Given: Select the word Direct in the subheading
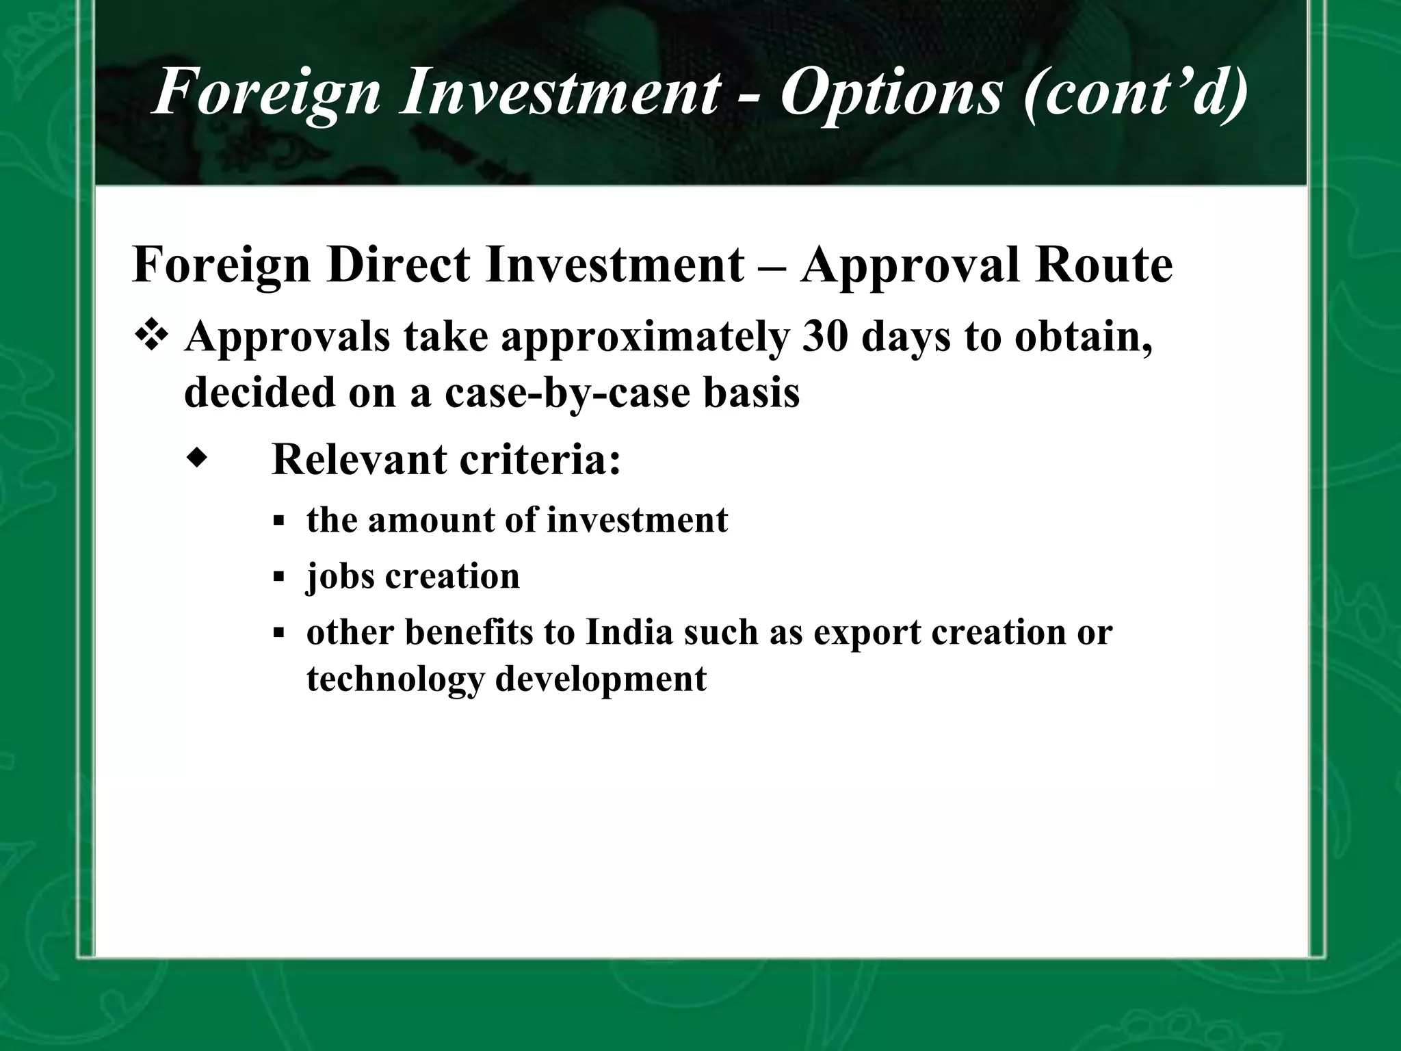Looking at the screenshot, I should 397,265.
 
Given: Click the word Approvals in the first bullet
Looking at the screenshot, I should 287,338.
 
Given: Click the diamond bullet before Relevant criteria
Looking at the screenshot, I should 196,458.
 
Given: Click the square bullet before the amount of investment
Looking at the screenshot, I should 278,521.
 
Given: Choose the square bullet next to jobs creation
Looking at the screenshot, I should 278,577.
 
